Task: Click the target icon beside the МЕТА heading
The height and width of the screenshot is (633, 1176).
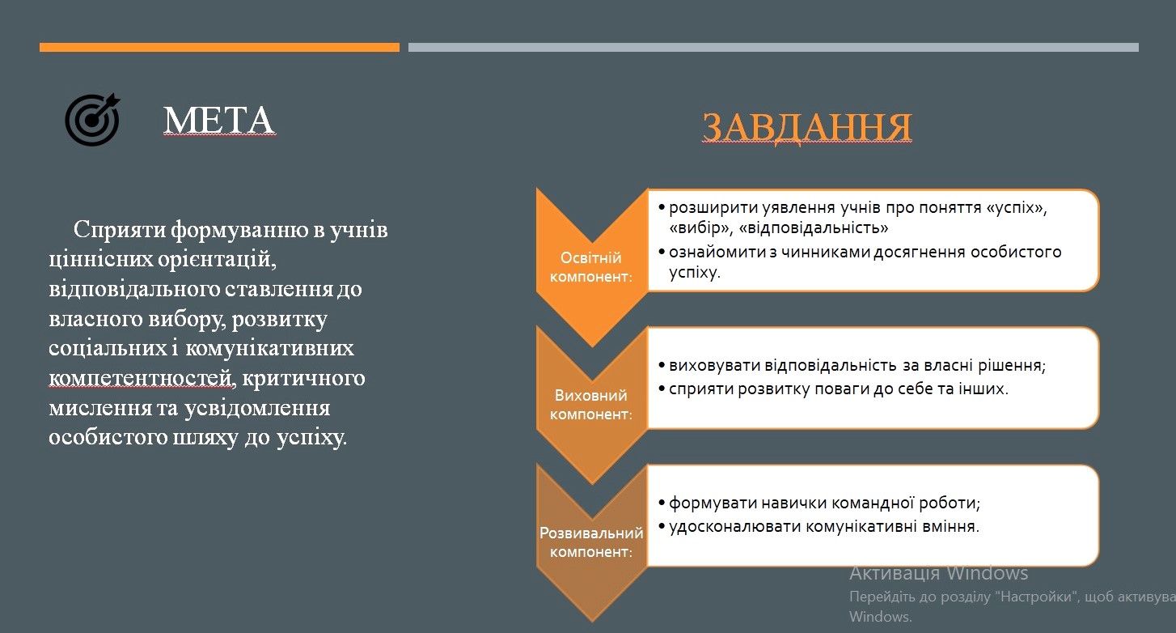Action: point(92,120)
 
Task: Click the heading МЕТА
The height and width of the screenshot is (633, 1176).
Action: point(218,121)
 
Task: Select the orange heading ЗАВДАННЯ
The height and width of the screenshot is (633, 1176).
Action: point(807,127)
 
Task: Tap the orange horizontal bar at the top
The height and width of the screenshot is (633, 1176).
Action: point(219,47)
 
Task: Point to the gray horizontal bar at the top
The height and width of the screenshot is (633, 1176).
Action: point(773,47)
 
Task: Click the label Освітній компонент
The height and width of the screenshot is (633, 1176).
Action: point(591,267)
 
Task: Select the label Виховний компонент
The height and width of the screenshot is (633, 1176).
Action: point(591,405)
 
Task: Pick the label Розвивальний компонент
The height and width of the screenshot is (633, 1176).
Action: point(591,542)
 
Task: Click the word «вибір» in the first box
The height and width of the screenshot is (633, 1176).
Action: point(700,228)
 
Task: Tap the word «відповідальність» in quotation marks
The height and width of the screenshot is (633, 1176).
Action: point(814,228)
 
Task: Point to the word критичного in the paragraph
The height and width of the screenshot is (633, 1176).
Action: point(303,379)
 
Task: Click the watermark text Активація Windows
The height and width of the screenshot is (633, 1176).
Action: point(939,573)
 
